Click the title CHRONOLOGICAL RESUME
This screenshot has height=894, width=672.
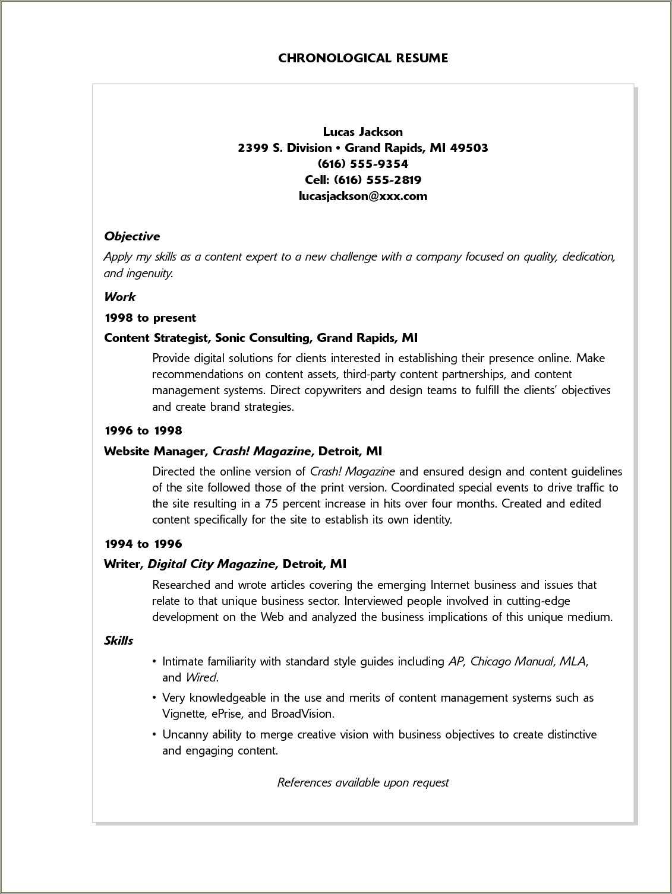[x=363, y=58]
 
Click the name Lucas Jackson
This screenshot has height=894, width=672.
[x=363, y=132]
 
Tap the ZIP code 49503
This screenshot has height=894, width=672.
[x=469, y=148]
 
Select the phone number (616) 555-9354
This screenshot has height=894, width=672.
[x=363, y=164]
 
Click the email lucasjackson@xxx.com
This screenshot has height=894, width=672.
[x=363, y=196]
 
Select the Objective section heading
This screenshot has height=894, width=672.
[x=132, y=236]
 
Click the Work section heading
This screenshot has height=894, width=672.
[x=119, y=297]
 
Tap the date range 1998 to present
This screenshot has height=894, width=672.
[x=150, y=318]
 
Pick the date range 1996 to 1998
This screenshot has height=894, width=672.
[x=143, y=430]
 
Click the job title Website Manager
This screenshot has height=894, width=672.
[x=154, y=451]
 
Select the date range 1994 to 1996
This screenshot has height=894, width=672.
[x=143, y=544]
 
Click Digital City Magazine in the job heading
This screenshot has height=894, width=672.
[x=212, y=564]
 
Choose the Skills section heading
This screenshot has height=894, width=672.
[x=118, y=641]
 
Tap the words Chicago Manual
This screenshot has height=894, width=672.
[x=512, y=661]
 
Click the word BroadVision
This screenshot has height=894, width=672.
[x=302, y=714]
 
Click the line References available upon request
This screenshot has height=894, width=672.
[x=363, y=782]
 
